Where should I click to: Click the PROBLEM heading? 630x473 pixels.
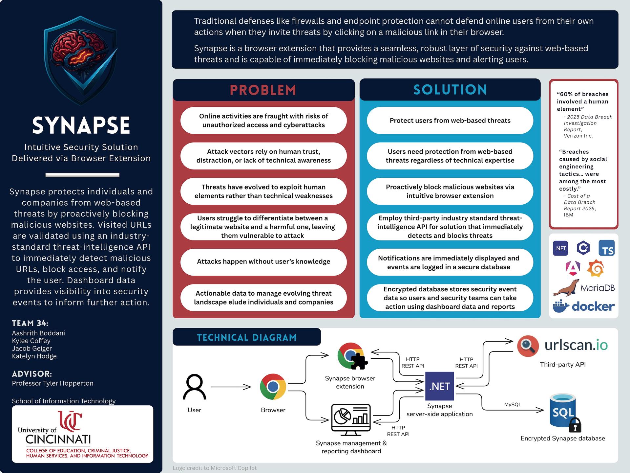click(x=263, y=90)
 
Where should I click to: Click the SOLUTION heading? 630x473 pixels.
click(x=450, y=90)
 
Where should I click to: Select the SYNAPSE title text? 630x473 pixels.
click(x=81, y=125)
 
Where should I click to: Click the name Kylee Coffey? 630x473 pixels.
click(x=31, y=341)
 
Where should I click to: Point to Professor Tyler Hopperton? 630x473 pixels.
click(x=52, y=383)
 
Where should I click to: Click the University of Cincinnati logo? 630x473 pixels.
click(x=82, y=434)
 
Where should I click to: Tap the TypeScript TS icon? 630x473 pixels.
click(x=606, y=248)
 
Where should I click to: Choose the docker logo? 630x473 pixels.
click(x=583, y=306)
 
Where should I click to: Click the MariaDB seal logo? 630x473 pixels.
click(x=566, y=288)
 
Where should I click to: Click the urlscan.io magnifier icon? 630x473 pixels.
click(x=528, y=346)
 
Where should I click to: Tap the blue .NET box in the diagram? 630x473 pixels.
click(x=439, y=386)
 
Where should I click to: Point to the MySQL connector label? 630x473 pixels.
click(x=513, y=404)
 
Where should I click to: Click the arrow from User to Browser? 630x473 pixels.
click(x=231, y=387)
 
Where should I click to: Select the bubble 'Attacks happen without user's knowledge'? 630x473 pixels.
click(x=263, y=261)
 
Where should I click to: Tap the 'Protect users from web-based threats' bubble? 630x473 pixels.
click(x=450, y=121)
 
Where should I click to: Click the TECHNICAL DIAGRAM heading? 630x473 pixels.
click(x=246, y=337)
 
